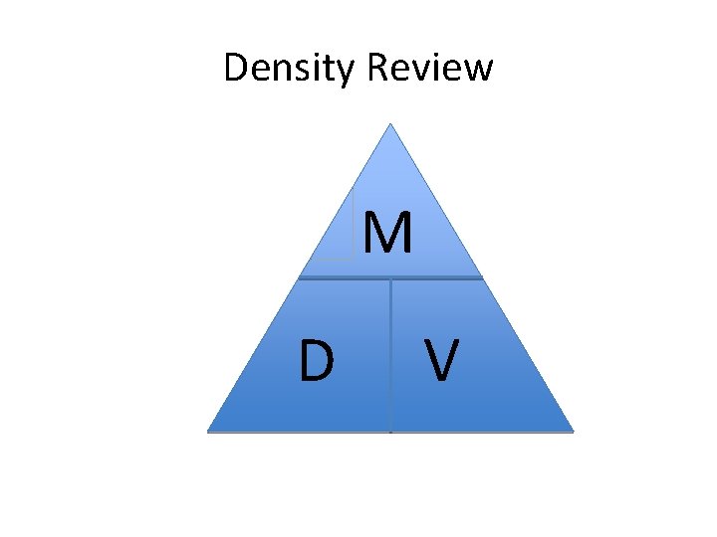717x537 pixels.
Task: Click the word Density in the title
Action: point(291,69)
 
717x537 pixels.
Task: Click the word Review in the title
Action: point(431,69)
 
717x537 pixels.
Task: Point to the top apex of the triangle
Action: point(390,124)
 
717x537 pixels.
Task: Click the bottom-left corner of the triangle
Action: point(209,431)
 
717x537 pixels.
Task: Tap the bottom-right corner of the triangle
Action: point(573,431)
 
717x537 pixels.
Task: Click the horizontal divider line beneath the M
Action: point(438,278)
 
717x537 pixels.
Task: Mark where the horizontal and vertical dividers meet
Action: point(390,278)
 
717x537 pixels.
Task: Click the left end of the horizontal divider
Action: point(300,278)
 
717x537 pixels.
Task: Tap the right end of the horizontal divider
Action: point(482,278)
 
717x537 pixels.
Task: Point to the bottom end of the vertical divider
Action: point(390,432)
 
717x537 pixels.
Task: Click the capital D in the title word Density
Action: point(237,69)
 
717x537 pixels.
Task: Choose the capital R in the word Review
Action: point(379,69)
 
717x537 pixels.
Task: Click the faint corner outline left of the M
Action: point(352,256)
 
